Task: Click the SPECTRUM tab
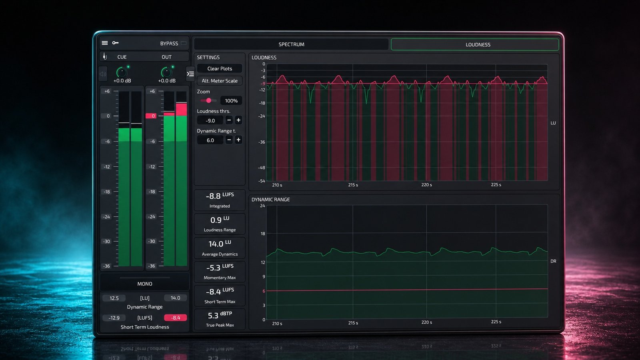pos(291,44)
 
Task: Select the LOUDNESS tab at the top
pos(475,44)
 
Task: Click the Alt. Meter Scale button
pos(220,81)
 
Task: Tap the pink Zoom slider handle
pos(208,100)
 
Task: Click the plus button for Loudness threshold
pos(238,120)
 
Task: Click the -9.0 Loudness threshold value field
pos(210,120)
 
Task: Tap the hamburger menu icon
pos(105,43)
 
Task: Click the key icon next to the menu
pos(116,43)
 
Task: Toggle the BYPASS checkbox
pos(184,43)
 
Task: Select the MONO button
pos(144,284)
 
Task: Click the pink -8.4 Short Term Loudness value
pos(176,318)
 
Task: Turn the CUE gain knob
pos(122,72)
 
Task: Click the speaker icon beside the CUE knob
pos(103,74)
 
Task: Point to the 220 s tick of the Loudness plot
pos(426,185)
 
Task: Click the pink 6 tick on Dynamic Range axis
pos(264,291)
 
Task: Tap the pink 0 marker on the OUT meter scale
pos(151,116)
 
